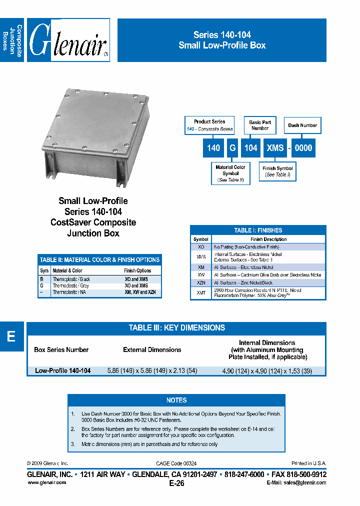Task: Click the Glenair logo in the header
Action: click(68, 41)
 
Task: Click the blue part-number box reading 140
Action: click(213, 147)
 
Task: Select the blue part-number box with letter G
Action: click(232, 147)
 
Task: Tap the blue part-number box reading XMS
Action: click(275, 147)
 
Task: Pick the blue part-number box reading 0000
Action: click(303, 147)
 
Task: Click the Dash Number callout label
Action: click(302, 125)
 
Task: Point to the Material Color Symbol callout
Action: click(230, 173)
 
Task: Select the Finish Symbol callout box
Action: click(277, 171)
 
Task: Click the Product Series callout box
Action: click(209, 125)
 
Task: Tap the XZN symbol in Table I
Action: click(200, 282)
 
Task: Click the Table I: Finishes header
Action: click(258, 230)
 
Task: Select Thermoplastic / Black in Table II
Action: click(71, 279)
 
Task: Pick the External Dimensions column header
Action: click(152, 350)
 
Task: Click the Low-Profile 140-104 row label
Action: click(62, 371)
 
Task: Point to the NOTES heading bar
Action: click(176, 400)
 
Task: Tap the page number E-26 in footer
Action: click(177, 483)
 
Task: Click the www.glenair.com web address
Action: click(46, 482)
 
